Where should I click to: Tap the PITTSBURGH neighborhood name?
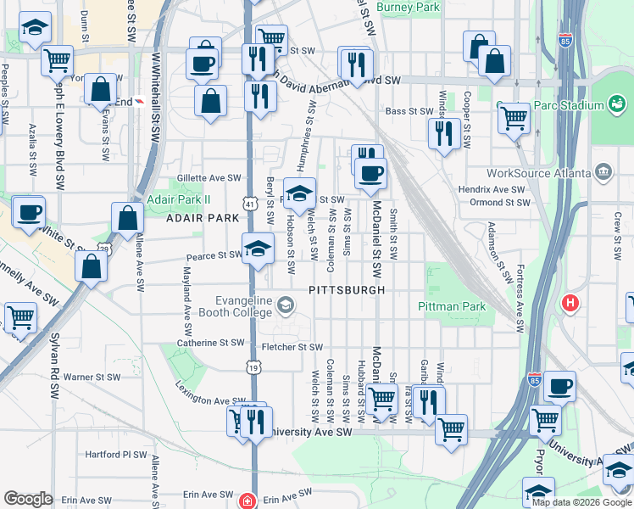tap(348, 290)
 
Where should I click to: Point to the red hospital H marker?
tap(571, 302)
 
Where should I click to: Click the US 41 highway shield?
tap(248, 204)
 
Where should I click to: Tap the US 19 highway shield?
tap(253, 366)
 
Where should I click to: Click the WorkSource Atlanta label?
tap(549, 173)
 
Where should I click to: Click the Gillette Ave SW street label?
tap(209, 178)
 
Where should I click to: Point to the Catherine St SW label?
tap(210, 344)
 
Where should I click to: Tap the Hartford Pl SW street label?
tap(116, 455)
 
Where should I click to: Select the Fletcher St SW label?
tap(292, 347)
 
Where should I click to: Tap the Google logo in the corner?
tap(28, 499)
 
